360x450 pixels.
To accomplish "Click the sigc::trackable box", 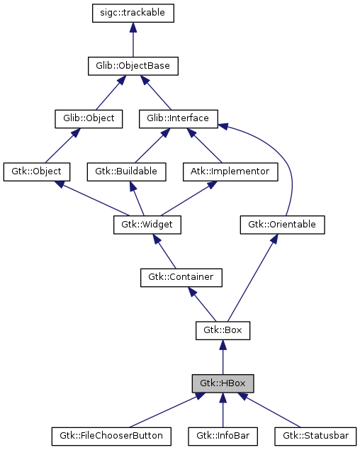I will coord(133,13).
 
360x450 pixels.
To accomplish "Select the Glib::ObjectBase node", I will coord(133,66).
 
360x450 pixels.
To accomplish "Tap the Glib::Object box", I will coord(89,118).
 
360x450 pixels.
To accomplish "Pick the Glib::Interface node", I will coord(178,118).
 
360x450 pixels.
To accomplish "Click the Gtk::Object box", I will coord(37,171).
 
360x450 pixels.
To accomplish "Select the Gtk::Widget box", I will coord(147,225).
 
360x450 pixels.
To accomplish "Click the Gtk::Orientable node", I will coord(281,225).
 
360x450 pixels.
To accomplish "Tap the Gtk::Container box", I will coord(181,277).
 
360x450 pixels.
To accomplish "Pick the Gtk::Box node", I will coord(223,330).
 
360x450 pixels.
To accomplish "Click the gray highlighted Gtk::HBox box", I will coord(223,383).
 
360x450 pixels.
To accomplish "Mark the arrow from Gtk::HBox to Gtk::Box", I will coord(223,357).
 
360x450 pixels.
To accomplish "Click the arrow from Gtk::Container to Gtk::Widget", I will coord(164,252).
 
